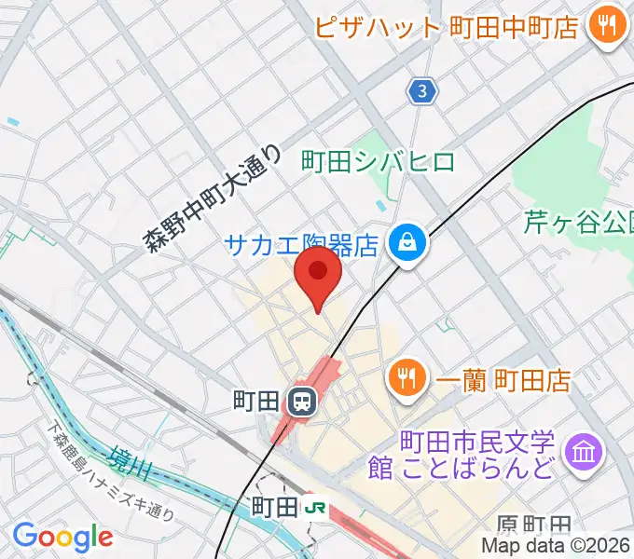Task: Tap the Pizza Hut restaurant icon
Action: click(608, 26)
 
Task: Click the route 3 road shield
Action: click(423, 90)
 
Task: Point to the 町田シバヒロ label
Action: click(379, 161)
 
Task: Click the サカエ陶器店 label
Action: click(300, 245)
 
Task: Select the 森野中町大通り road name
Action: click(213, 199)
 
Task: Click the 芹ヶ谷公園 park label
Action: click(578, 222)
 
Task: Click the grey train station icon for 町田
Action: click(301, 402)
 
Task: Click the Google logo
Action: click(62, 537)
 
